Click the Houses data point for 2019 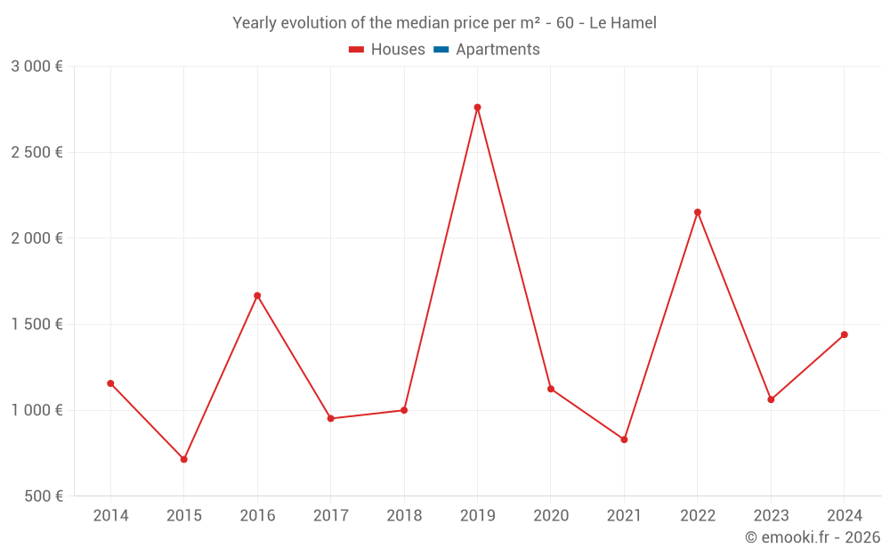click(477, 108)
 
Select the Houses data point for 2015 click(184, 459)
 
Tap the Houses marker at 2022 click(698, 212)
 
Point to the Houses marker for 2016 click(257, 295)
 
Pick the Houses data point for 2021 click(624, 439)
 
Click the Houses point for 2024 click(845, 334)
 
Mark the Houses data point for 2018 click(404, 410)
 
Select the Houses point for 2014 click(110, 383)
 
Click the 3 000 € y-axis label click(36, 67)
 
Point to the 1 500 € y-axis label click(36, 325)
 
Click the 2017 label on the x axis click(330, 516)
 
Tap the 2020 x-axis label click(551, 516)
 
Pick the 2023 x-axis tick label click(771, 516)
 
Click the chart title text click(444, 23)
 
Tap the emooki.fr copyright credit click(812, 537)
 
